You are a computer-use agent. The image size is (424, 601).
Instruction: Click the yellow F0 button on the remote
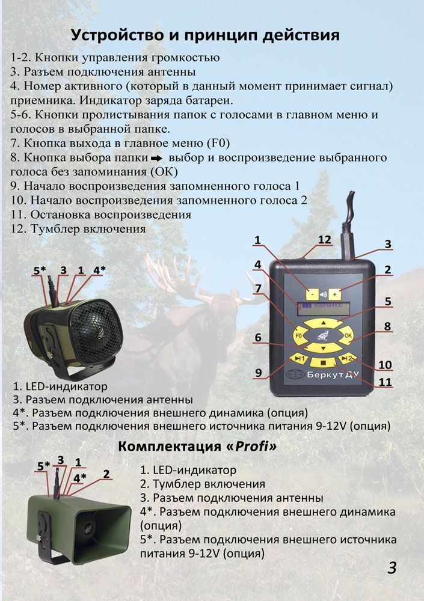[300, 335]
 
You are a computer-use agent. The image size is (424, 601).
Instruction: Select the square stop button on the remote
[323, 362]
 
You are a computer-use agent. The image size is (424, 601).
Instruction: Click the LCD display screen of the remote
[324, 308]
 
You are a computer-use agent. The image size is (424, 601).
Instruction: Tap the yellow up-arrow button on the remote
[324, 323]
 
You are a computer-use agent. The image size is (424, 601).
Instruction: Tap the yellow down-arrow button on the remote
[324, 348]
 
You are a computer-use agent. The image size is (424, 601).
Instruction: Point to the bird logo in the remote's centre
[324, 335]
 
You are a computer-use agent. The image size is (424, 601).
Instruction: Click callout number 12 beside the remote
[325, 240]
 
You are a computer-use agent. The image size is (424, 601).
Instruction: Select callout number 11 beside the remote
[385, 382]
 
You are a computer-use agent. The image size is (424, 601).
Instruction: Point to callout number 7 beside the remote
[258, 288]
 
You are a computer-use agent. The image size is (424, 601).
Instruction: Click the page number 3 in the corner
[392, 568]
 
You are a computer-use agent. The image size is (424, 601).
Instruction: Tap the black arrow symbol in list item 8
[157, 158]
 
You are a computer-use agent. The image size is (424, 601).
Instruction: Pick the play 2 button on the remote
[346, 359]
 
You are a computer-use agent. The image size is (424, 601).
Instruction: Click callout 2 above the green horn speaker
[106, 474]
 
